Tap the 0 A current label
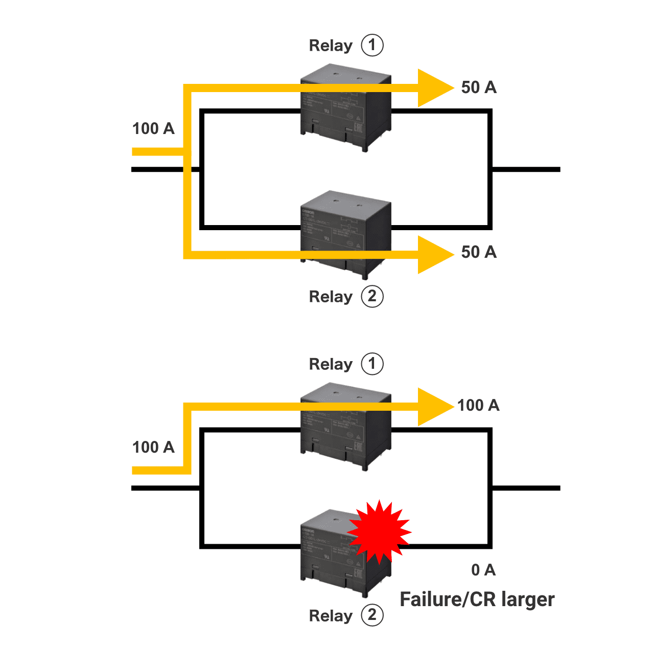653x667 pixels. (x=483, y=570)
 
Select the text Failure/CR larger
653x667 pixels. (x=477, y=599)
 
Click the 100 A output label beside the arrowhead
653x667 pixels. (x=478, y=406)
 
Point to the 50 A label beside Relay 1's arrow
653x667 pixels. (x=479, y=87)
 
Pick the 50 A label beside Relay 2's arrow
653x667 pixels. (x=479, y=252)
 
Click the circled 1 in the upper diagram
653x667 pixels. (x=372, y=46)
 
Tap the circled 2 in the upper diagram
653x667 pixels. (x=372, y=297)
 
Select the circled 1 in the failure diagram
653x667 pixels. (x=372, y=364)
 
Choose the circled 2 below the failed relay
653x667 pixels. (x=372, y=615)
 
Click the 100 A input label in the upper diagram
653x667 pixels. (x=153, y=128)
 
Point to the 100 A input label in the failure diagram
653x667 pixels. (x=153, y=447)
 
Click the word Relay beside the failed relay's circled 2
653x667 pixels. (x=331, y=616)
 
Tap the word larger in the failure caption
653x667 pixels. (x=528, y=599)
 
